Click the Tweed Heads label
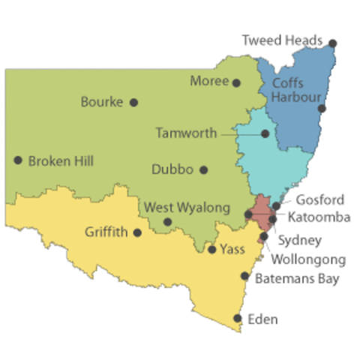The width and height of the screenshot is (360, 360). (x=282, y=40)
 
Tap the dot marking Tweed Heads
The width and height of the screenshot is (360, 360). (x=332, y=43)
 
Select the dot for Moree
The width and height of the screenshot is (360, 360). (x=236, y=83)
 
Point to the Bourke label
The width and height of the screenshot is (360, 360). (x=101, y=102)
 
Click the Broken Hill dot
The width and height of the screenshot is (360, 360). (x=17, y=160)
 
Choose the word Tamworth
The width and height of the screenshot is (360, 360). (x=185, y=133)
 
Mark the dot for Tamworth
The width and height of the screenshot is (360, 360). (x=265, y=133)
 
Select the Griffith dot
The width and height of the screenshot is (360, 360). (x=137, y=232)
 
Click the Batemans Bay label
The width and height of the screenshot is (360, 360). (x=298, y=279)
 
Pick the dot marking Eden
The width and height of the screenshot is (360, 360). (x=238, y=319)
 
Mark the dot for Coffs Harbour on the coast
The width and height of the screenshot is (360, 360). (x=322, y=109)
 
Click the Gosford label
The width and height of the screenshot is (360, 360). (x=320, y=199)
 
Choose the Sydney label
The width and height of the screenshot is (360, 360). (x=300, y=241)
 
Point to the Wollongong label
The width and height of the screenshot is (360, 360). (x=308, y=259)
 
